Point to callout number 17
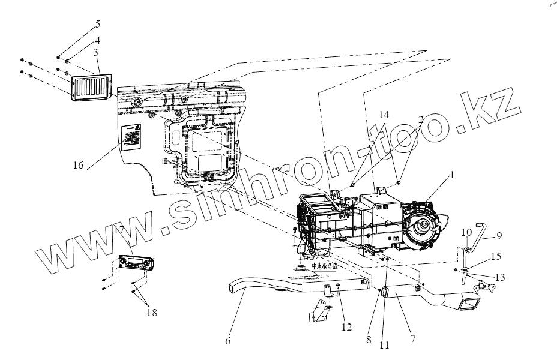(118, 229)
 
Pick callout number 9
(499, 236)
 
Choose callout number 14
(384, 114)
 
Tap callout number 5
(97, 25)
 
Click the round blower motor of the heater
(426, 227)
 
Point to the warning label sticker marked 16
(131, 139)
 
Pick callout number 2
(421, 119)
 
